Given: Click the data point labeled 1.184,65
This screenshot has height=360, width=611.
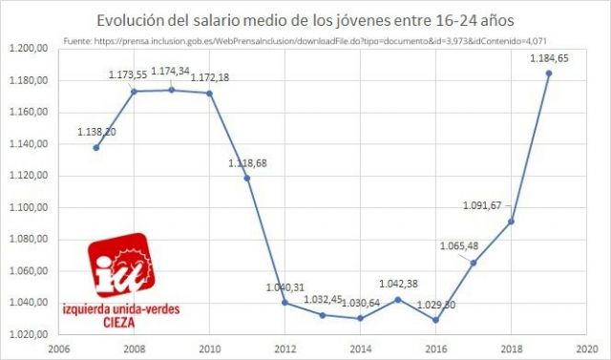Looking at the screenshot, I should click(549, 74).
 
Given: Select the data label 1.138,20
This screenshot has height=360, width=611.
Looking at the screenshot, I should click(97, 132).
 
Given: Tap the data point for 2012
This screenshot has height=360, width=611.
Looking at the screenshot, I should click(284, 302).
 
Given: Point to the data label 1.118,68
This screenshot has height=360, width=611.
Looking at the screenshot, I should click(246, 163).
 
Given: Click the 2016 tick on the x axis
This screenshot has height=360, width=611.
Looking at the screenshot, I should click(436, 349).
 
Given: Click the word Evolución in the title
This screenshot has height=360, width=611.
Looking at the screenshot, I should click(132, 21).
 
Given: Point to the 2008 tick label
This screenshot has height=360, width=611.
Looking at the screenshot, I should click(134, 349).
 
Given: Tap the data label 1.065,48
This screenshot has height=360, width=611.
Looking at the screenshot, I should click(458, 245).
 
